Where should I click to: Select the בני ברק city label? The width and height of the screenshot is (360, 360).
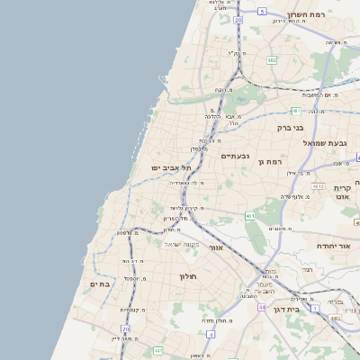pyautogui.click(x=292, y=128)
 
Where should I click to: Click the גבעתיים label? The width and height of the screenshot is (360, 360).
pyautogui.click(x=236, y=156)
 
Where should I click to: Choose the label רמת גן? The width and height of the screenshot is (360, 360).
pyautogui.click(x=271, y=162)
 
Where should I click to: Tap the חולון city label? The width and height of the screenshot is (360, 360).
pyautogui.click(x=188, y=276)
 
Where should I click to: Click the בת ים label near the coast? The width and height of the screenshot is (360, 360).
pyautogui.click(x=99, y=283)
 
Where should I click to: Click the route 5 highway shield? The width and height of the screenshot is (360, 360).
pyautogui.click(x=261, y=10)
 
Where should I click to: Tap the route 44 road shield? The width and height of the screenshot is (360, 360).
pyautogui.click(x=261, y=307)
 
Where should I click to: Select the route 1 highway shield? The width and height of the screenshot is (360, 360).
pyautogui.click(x=315, y=308)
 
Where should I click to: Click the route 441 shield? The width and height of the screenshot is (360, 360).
pyautogui.click(x=157, y=349)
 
